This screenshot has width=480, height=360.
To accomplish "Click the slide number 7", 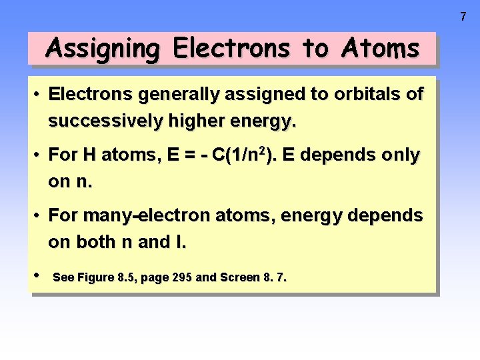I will pos(464,17).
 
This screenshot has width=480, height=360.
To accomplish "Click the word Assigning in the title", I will pos(103,49).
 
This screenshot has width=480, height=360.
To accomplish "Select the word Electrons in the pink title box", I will pos(231,49).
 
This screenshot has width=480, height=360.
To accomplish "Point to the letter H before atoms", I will pos(89,155).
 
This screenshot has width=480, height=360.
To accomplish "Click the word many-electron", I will pos(146,216).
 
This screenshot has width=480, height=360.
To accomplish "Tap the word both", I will pos(94,243).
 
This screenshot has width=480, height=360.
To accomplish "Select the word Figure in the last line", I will pos(96,277).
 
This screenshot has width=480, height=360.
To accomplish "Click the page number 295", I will pos(183,277).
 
